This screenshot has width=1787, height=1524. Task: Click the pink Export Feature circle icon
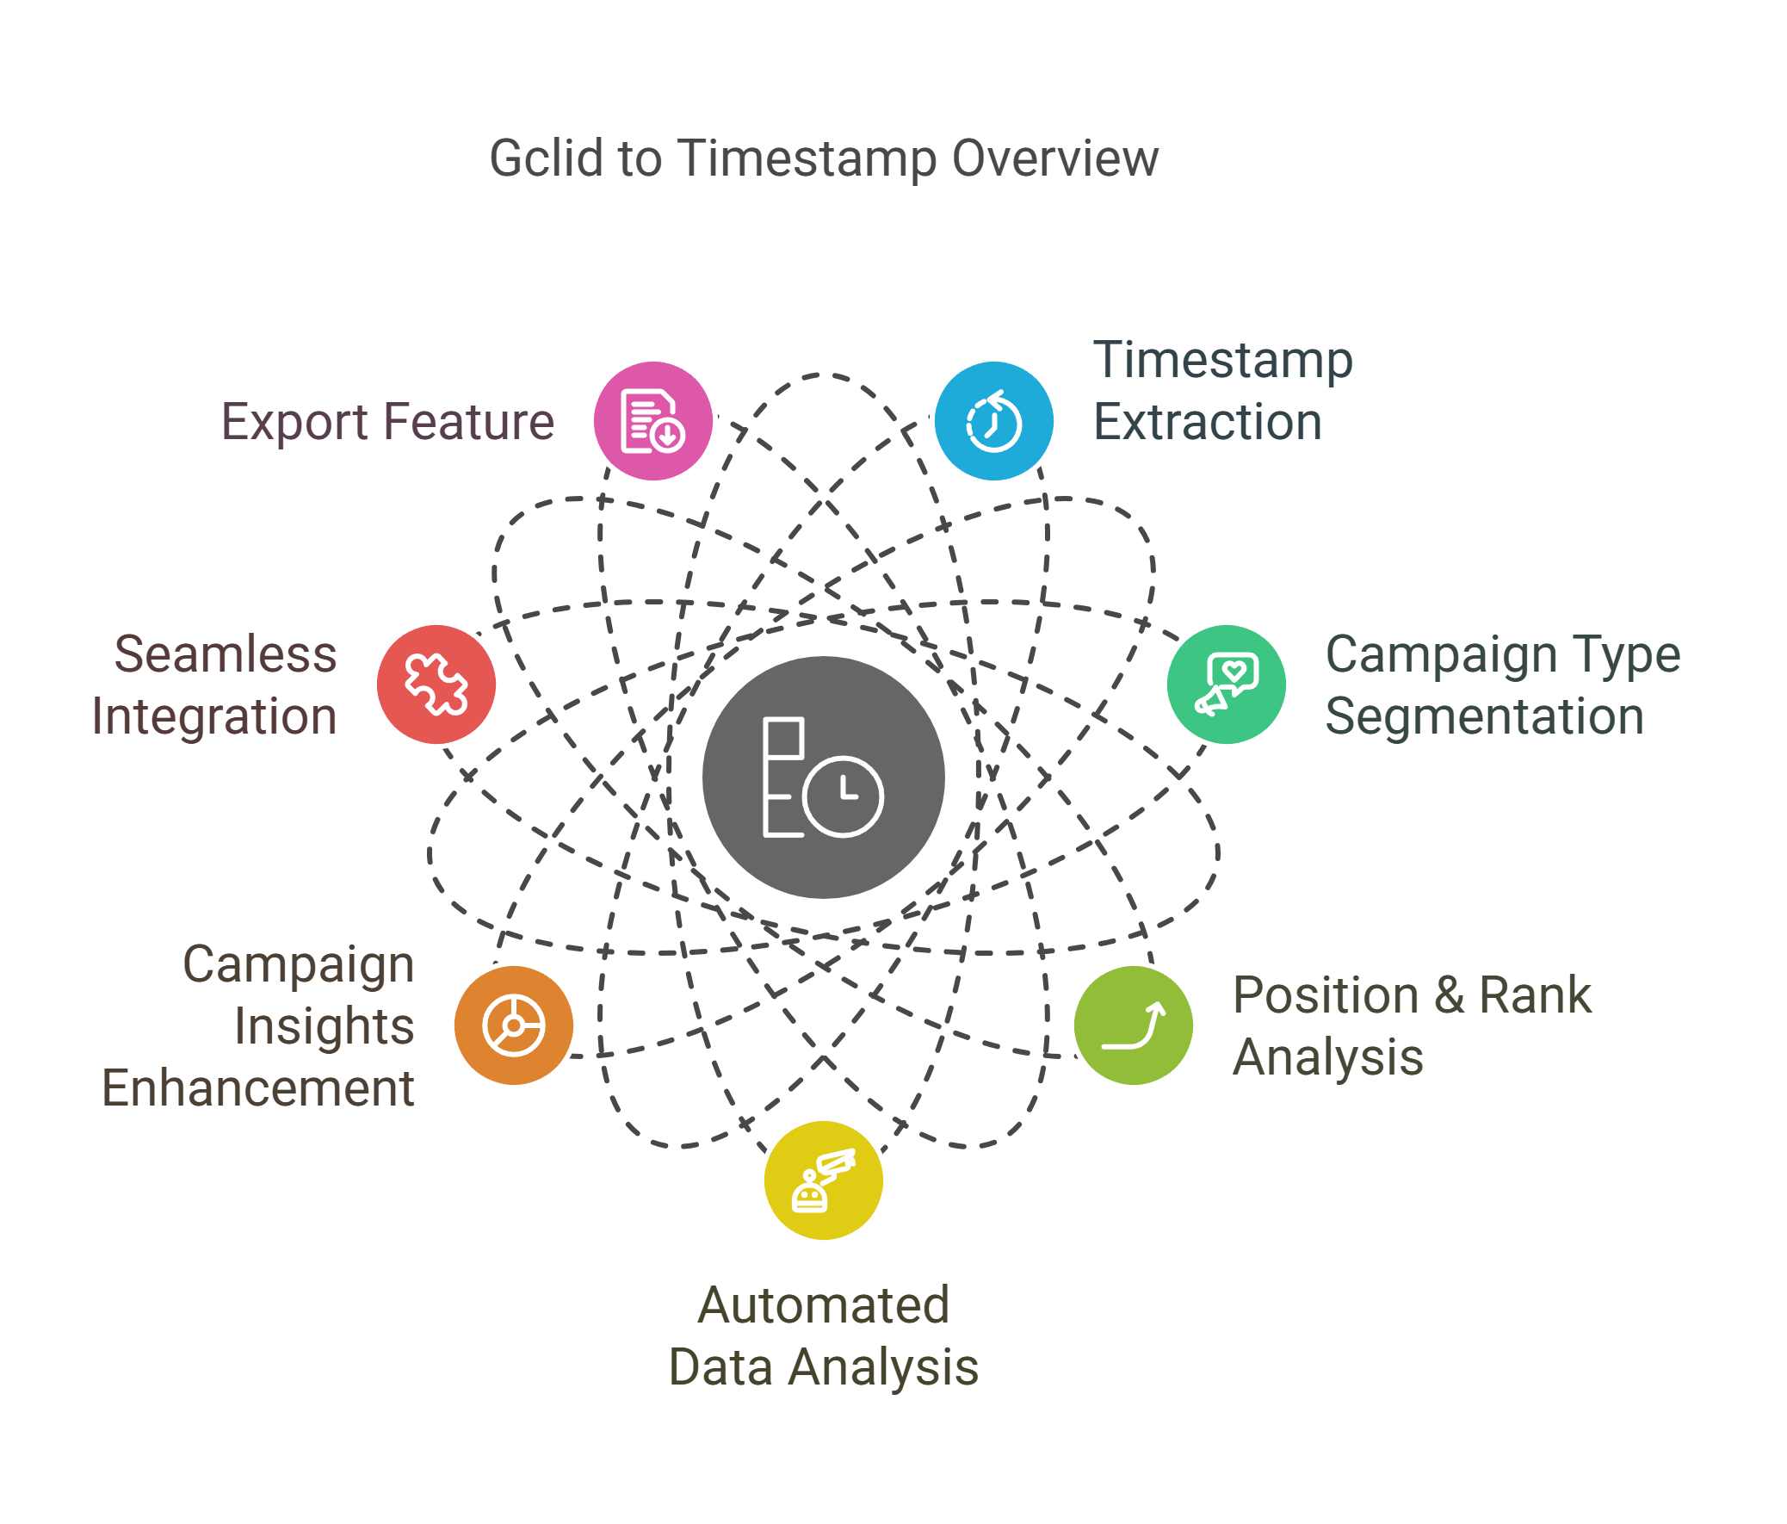point(652,421)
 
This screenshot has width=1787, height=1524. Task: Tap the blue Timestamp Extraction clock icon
point(993,421)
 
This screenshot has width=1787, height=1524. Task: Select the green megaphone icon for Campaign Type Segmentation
point(1226,684)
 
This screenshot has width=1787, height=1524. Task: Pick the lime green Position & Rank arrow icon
point(1134,1025)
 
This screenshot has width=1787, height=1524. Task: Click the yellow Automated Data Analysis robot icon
point(823,1180)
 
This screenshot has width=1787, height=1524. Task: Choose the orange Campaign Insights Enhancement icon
point(513,1025)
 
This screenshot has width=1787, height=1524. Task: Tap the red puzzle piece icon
point(436,684)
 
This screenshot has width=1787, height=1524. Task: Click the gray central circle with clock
point(823,777)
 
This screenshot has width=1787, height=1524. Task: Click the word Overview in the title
point(1054,158)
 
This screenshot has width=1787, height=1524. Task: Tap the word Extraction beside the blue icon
point(1208,422)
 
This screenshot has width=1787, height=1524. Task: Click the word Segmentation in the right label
point(1484,716)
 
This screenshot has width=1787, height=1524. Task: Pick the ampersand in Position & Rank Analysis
point(1449,995)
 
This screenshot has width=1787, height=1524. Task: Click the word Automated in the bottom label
point(823,1305)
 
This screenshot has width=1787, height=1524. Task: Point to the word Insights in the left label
point(324,1026)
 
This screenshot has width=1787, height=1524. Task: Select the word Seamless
point(226,654)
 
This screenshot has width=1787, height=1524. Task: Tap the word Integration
point(213,716)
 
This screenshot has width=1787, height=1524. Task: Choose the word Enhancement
point(257,1088)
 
